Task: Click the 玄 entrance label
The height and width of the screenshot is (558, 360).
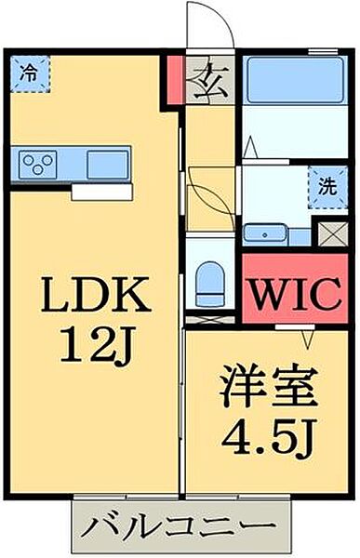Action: pos(202,83)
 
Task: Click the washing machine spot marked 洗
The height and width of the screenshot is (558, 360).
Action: pos(321,185)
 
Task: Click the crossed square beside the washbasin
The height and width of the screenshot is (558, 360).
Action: pos(329,232)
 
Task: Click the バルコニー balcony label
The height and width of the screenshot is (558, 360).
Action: pos(176,528)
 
